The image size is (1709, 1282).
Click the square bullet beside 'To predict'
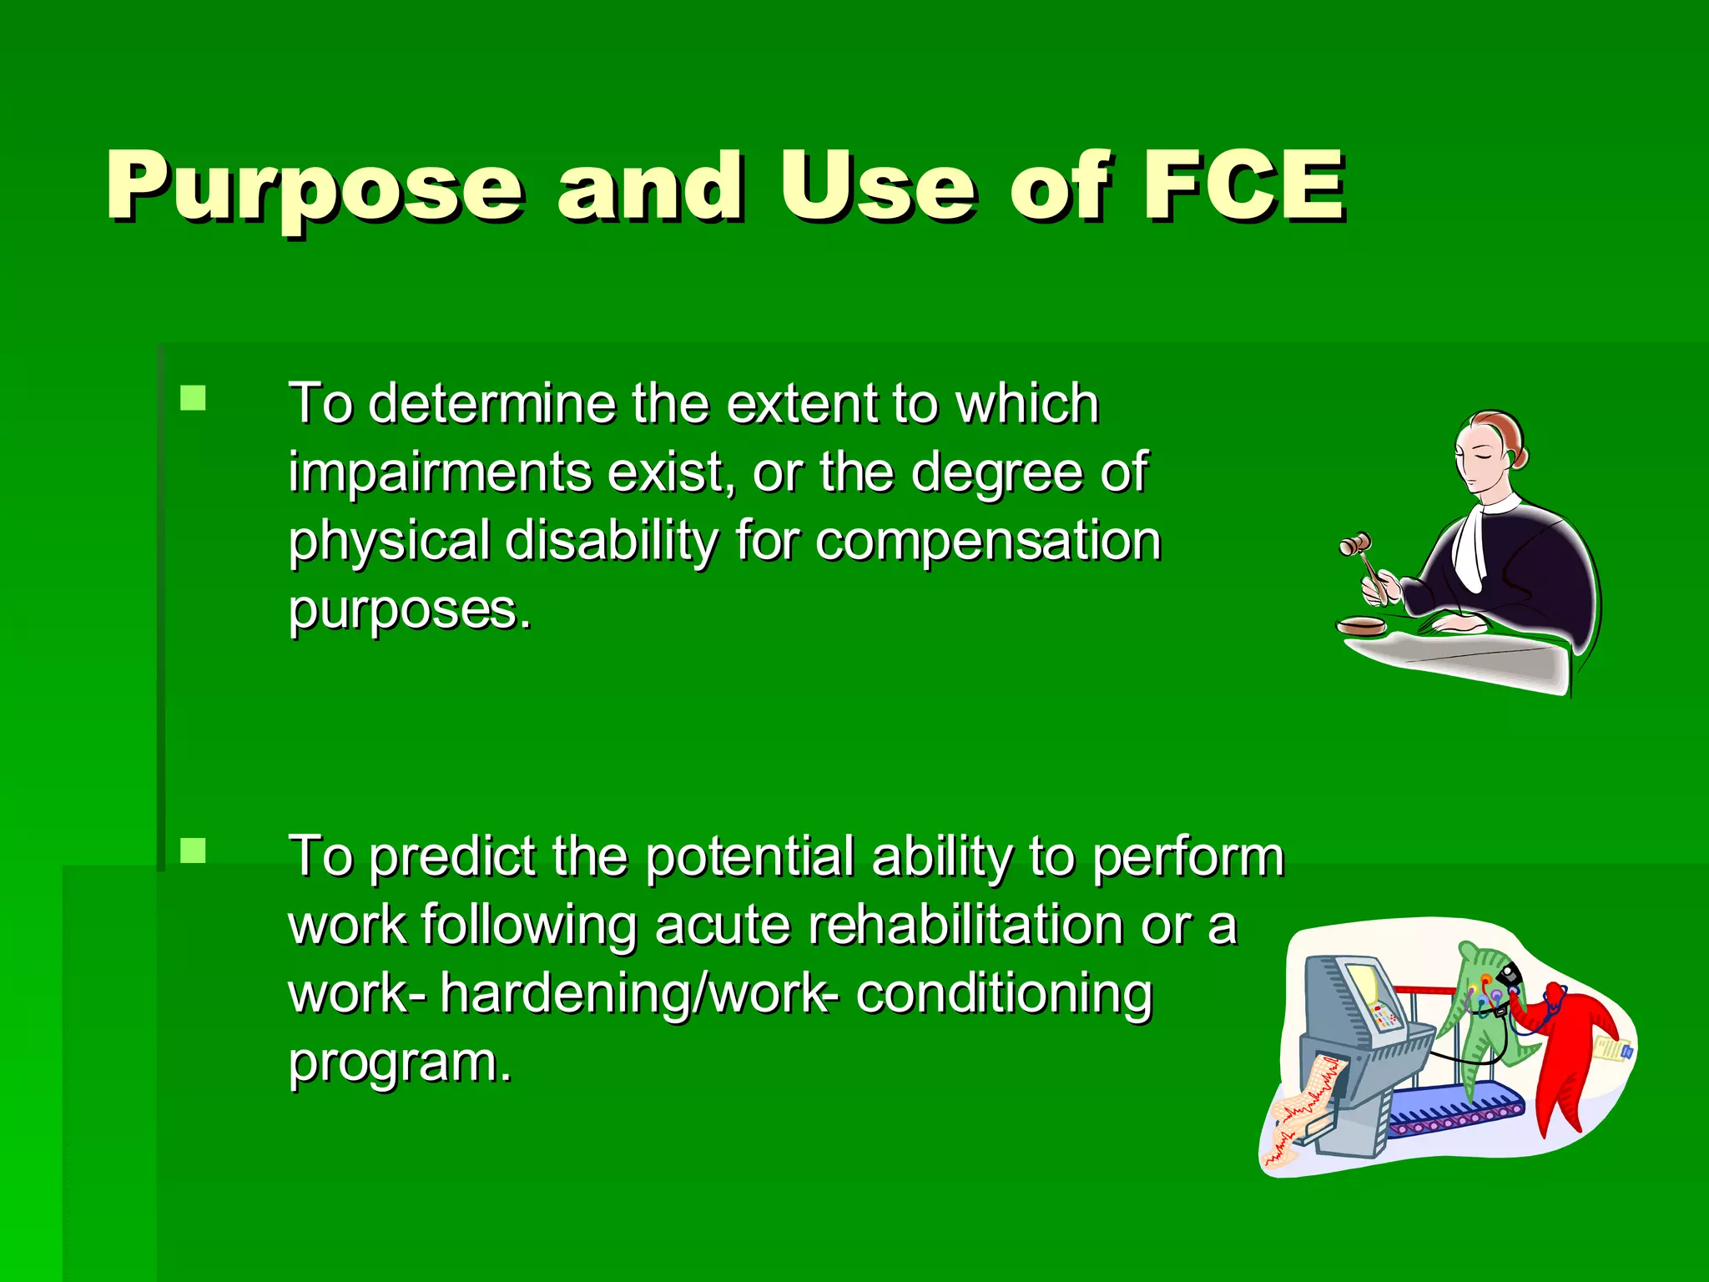click(193, 850)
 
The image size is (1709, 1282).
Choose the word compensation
click(988, 541)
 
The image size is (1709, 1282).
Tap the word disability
click(612, 541)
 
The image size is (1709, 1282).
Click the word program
click(399, 1062)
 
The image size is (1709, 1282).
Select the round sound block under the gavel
click(1361, 624)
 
